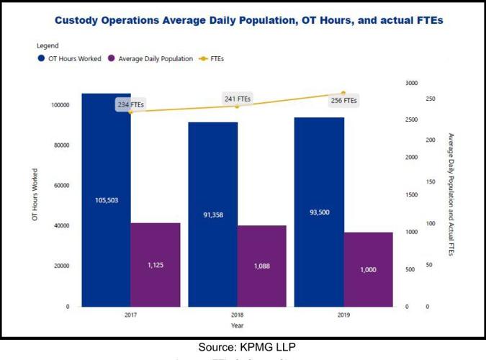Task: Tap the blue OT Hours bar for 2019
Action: tap(319, 173)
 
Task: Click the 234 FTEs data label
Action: tap(131, 105)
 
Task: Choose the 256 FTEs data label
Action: tap(343, 101)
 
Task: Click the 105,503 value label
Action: tap(106, 200)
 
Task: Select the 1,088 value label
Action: tap(261, 266)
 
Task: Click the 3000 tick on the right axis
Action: tap(411, 83)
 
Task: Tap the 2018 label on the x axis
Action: tap(237, 315)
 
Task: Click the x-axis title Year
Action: tap(237, 326)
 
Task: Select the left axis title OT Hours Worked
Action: tap(35, 194)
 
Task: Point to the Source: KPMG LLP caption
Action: tap(243, 347)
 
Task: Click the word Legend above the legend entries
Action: tap(48, 46)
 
